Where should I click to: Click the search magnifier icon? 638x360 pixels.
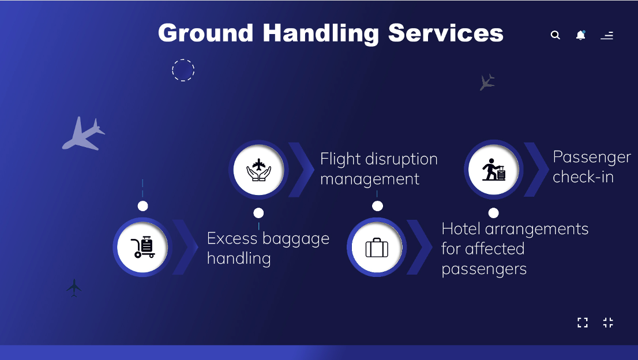[x=556, y=35]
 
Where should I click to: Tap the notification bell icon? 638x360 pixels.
[x=581, y=35]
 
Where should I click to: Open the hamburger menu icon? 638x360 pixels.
[x=607, y=35]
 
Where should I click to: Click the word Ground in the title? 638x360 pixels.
[x=206, y=33]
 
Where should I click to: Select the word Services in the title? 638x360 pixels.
[x=445, y=32]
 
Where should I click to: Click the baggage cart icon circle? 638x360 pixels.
[x=142, y=247]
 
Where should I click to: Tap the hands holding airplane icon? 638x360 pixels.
[x=258, y=170]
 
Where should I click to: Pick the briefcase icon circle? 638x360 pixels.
[x=377, y=247]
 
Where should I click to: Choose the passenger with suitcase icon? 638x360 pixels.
[x=494, y=170]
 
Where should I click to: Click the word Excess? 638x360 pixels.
[x=232, y=238]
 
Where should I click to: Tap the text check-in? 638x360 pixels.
[x=583, y=177]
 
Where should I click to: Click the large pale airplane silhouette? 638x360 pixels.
[x=84, y=133]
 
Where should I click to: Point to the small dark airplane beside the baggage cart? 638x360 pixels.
[x=74, y=288]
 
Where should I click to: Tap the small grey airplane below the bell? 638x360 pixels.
[x=487, y=82]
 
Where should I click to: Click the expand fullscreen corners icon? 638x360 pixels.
[x=583, y=322]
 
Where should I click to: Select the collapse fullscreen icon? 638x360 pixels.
[x=608, y=322]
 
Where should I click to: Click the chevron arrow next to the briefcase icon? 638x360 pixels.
[x=419, y=247]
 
